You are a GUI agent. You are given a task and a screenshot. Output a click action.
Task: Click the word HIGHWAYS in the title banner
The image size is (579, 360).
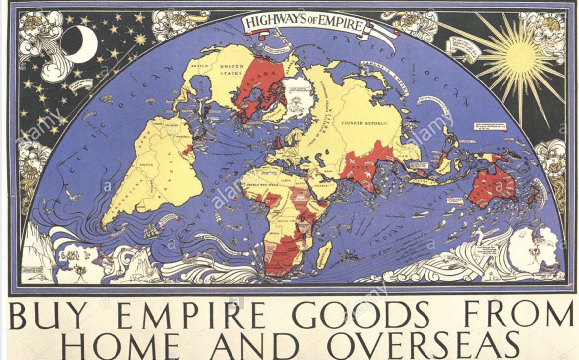[277, 22]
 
